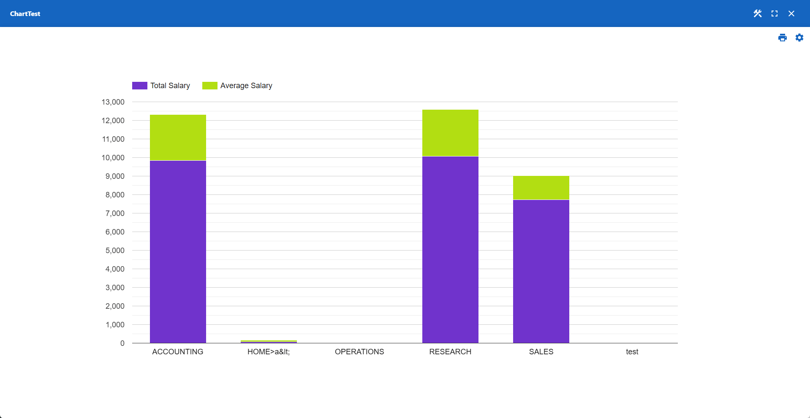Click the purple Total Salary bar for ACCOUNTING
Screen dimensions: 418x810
(x=178, y=252)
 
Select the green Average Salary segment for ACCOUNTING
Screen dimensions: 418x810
(x=178, y=138)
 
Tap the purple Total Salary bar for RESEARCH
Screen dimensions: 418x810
(x=450, y=250)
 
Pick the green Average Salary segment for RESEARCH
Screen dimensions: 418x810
(x=450, y=133)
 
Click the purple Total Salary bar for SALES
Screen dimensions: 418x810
(x=541, y=271)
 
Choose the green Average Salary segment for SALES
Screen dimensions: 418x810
(x=541, y=188)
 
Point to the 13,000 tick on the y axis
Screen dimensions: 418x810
(x=113, y=102)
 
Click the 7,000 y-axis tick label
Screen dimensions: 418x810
(x=115, y=213)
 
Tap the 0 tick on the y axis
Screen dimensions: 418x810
(x=122, y=343)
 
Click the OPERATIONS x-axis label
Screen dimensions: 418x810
(x=359, y=352)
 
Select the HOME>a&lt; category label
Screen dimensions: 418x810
(x=269, y=352)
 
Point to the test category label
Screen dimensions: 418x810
(x=632, y=352)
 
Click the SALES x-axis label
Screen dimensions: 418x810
(x=541, y=352)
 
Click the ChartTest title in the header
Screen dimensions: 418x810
(x=25, y=13)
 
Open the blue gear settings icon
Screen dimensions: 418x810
(x=799, y=38)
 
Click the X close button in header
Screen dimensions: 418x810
(x=791, y=13)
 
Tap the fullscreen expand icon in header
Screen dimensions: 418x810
(x=774, y=13)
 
